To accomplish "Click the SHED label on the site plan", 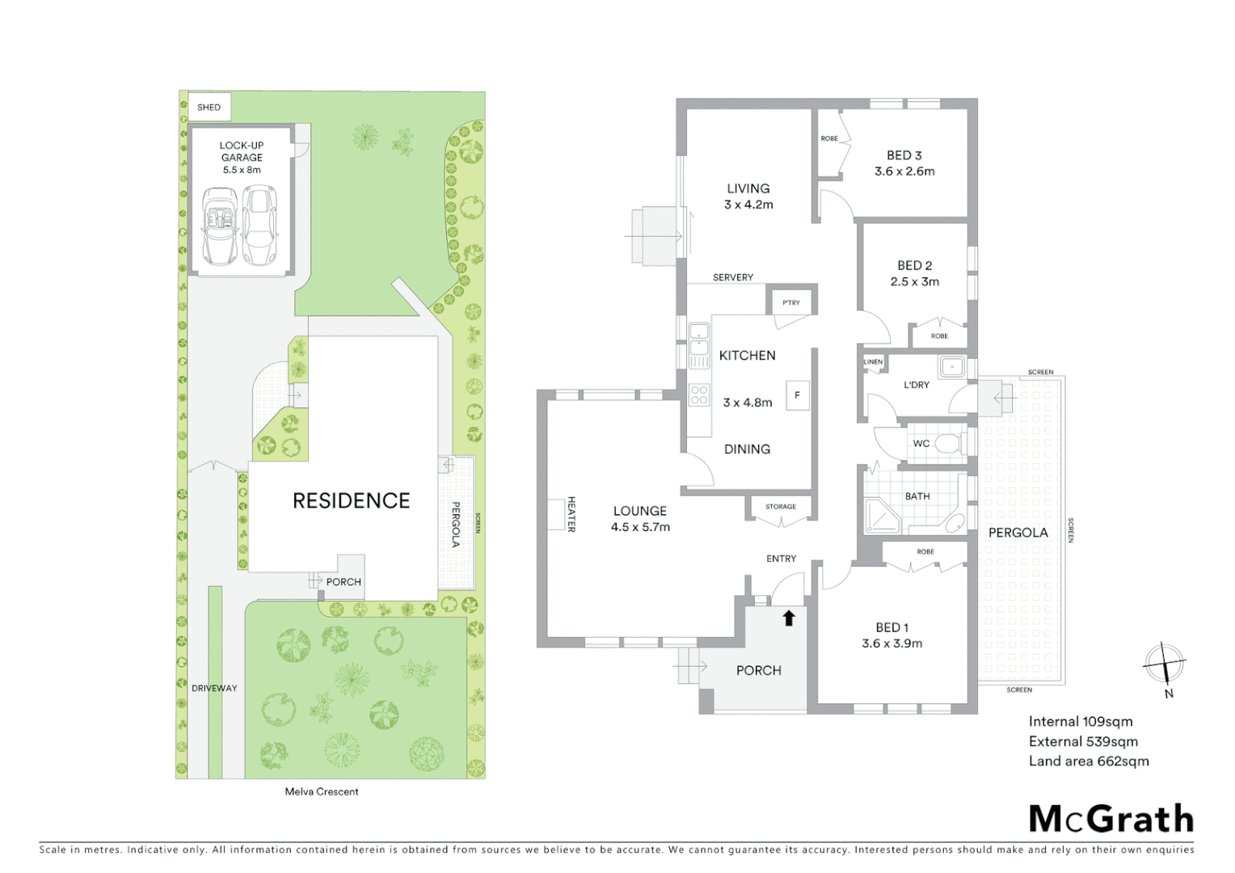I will [209, 107].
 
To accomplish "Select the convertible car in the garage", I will [220, 226].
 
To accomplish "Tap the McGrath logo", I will [1111, 819].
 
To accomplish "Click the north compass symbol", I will [1164, 665].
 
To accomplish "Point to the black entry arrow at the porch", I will [789, 618].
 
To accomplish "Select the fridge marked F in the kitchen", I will [797, 395].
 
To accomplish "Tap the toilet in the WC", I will [948, 444].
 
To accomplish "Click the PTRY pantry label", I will [791, 302].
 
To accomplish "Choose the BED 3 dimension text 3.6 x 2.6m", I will [904, 171].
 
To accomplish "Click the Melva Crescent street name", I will [322, 791].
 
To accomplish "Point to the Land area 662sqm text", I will [1088, 761].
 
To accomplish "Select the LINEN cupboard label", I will [874, 361].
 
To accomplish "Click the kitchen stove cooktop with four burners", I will [698, 395].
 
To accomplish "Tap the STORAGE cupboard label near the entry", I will [781, 507].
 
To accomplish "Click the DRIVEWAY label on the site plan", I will [214, 688].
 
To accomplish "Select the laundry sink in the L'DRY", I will [952, 368].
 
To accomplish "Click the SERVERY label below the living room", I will [732, 277].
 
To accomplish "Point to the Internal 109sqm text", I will [1080, 721].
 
